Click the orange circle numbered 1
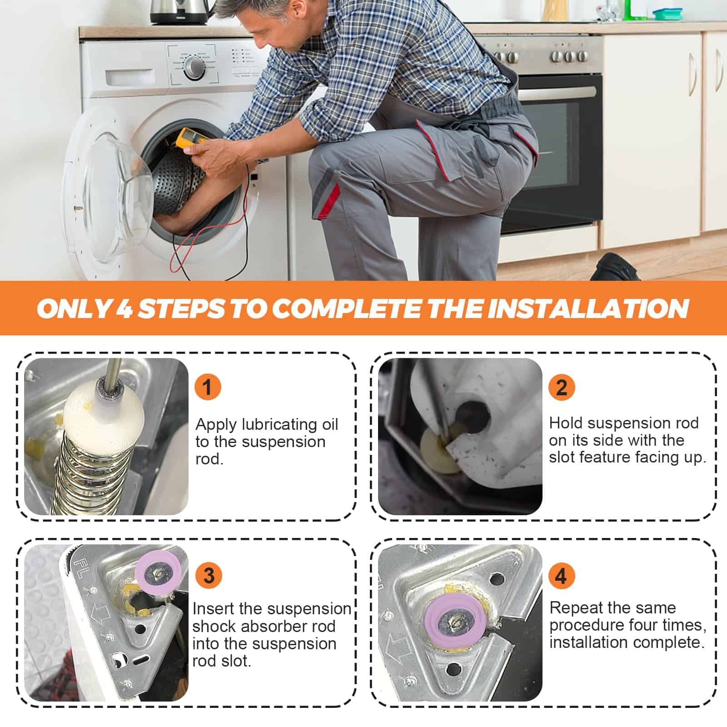tap(208, 387)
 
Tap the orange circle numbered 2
tap(562, 387)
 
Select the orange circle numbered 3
tap(209, 576)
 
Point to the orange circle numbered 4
tap(561, 576)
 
